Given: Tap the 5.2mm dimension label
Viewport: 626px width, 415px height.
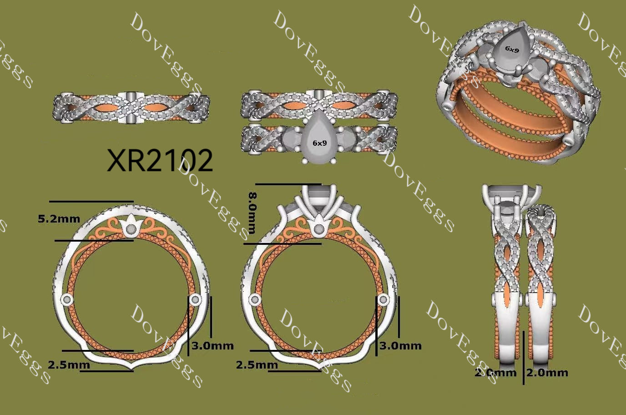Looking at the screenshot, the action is (x=59, y=219).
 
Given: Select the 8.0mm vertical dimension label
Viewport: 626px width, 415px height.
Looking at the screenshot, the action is (x=252, y=213).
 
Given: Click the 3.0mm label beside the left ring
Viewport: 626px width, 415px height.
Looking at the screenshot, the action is (x=212, y=346).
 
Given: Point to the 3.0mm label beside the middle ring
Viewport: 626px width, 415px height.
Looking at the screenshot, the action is (x=400, y=346).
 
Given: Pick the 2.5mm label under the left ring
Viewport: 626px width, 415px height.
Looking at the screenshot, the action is (x=69, y=364).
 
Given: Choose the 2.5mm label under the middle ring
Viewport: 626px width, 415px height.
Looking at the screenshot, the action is (x=257, y=364).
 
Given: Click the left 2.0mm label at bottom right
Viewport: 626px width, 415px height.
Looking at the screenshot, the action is (x=495, y=373).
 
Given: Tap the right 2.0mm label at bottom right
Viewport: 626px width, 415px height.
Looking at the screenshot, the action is (x=547, y=373).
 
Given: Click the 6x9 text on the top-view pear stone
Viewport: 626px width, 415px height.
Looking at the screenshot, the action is (x=320, y=143).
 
